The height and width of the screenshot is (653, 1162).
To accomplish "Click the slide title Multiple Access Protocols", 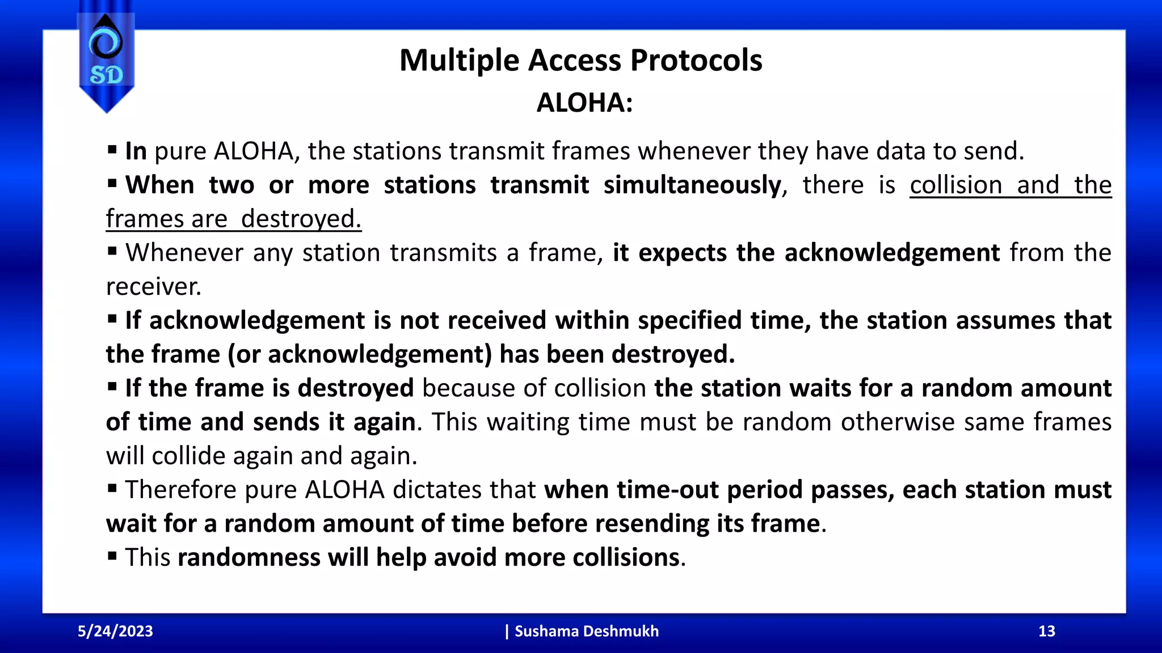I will coord(580,60).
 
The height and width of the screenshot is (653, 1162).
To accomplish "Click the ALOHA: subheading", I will coord(584,103).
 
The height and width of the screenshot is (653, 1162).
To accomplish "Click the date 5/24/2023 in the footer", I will coord(115,631).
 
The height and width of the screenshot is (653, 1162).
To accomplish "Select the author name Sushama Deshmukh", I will coord(586,631).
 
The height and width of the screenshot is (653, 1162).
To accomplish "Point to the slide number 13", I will coord(1046,631).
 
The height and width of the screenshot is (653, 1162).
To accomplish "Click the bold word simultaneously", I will coord(692,185).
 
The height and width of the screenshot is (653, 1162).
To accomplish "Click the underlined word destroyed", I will coord(301,219).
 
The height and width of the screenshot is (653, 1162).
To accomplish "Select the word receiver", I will coord(154,287).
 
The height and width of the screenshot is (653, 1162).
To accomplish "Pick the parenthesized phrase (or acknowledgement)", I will coord(360,354).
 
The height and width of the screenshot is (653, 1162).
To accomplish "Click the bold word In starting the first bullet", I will coord(136,151).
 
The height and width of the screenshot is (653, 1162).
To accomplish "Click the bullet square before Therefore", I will coord(112,488).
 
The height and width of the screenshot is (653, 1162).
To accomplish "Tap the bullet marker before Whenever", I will coord(112,251).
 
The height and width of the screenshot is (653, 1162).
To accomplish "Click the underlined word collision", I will coord(956,185).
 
